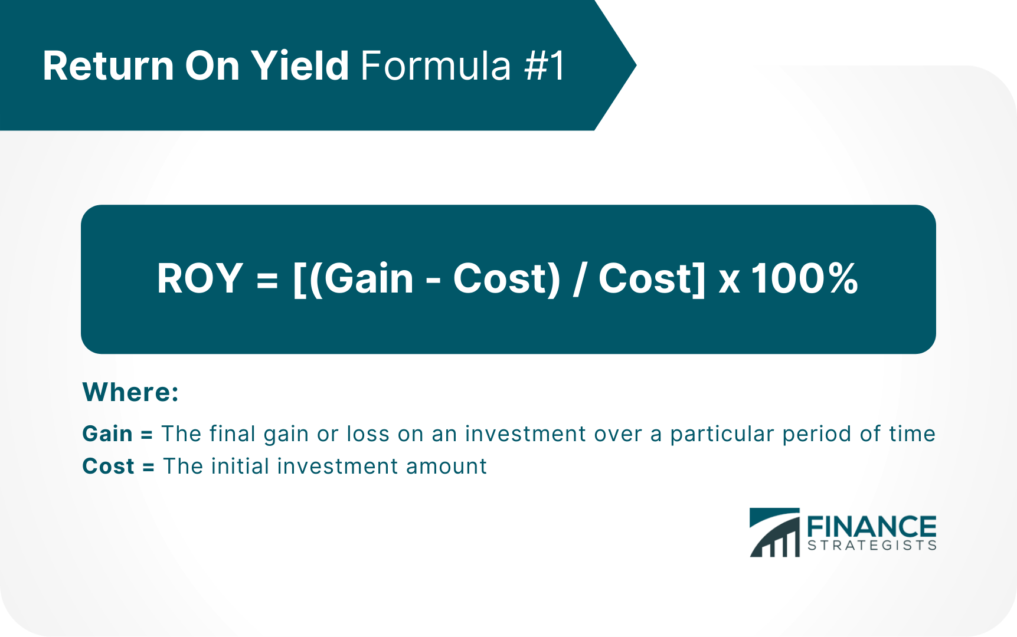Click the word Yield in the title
pyautogui.click(x=300, y=65)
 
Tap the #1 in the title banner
pyautogui.click(x=545, y=65)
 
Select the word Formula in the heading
pyautogui.click(x=436, y=65)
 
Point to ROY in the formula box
pyautogui.click(x=200, y=278)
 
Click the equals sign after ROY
pyautogui.click(x=267, y=280)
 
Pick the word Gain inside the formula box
pyautogui.click(x=368, y=278)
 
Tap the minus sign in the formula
pyautogui.click(x=433, y=281)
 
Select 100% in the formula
pyautogui.click(x=805, y=278)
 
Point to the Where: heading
pyautogui.click(x=130, y=392)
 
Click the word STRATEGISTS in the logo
pyautogui.click(x=872, y=545)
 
